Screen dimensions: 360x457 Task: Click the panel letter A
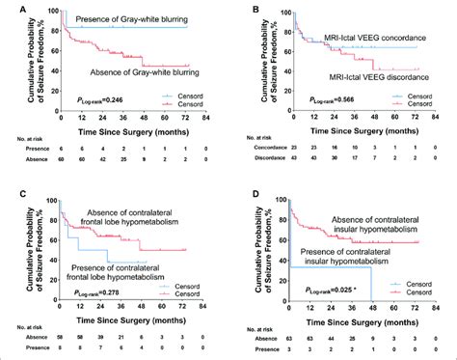(9, 9)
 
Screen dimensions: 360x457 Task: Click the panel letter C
(9, 189)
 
